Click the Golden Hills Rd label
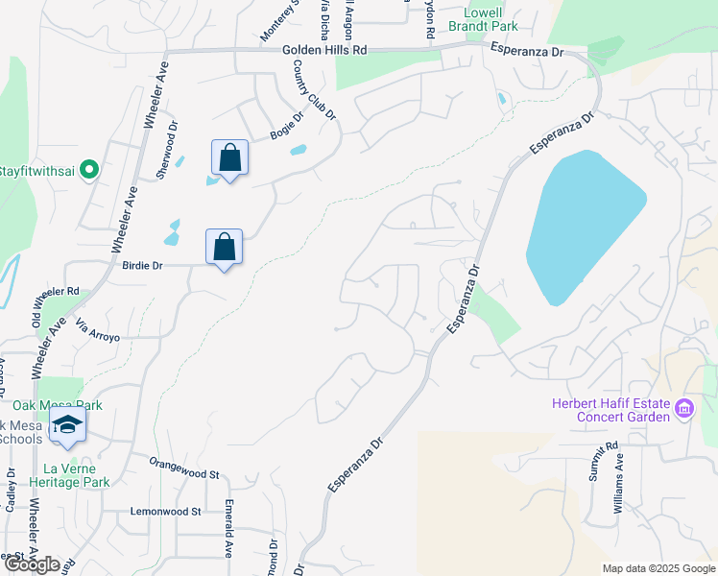(325, 49)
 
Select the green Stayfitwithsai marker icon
(89, 170)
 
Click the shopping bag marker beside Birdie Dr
(224, 248)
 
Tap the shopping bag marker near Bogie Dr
(230, 158)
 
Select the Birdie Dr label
(146, 264)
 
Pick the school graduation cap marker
(66, 426)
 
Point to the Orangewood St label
(184, 468)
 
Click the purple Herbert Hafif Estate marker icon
(684, 410)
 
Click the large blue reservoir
(581, 226)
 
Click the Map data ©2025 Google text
(658, 568)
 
